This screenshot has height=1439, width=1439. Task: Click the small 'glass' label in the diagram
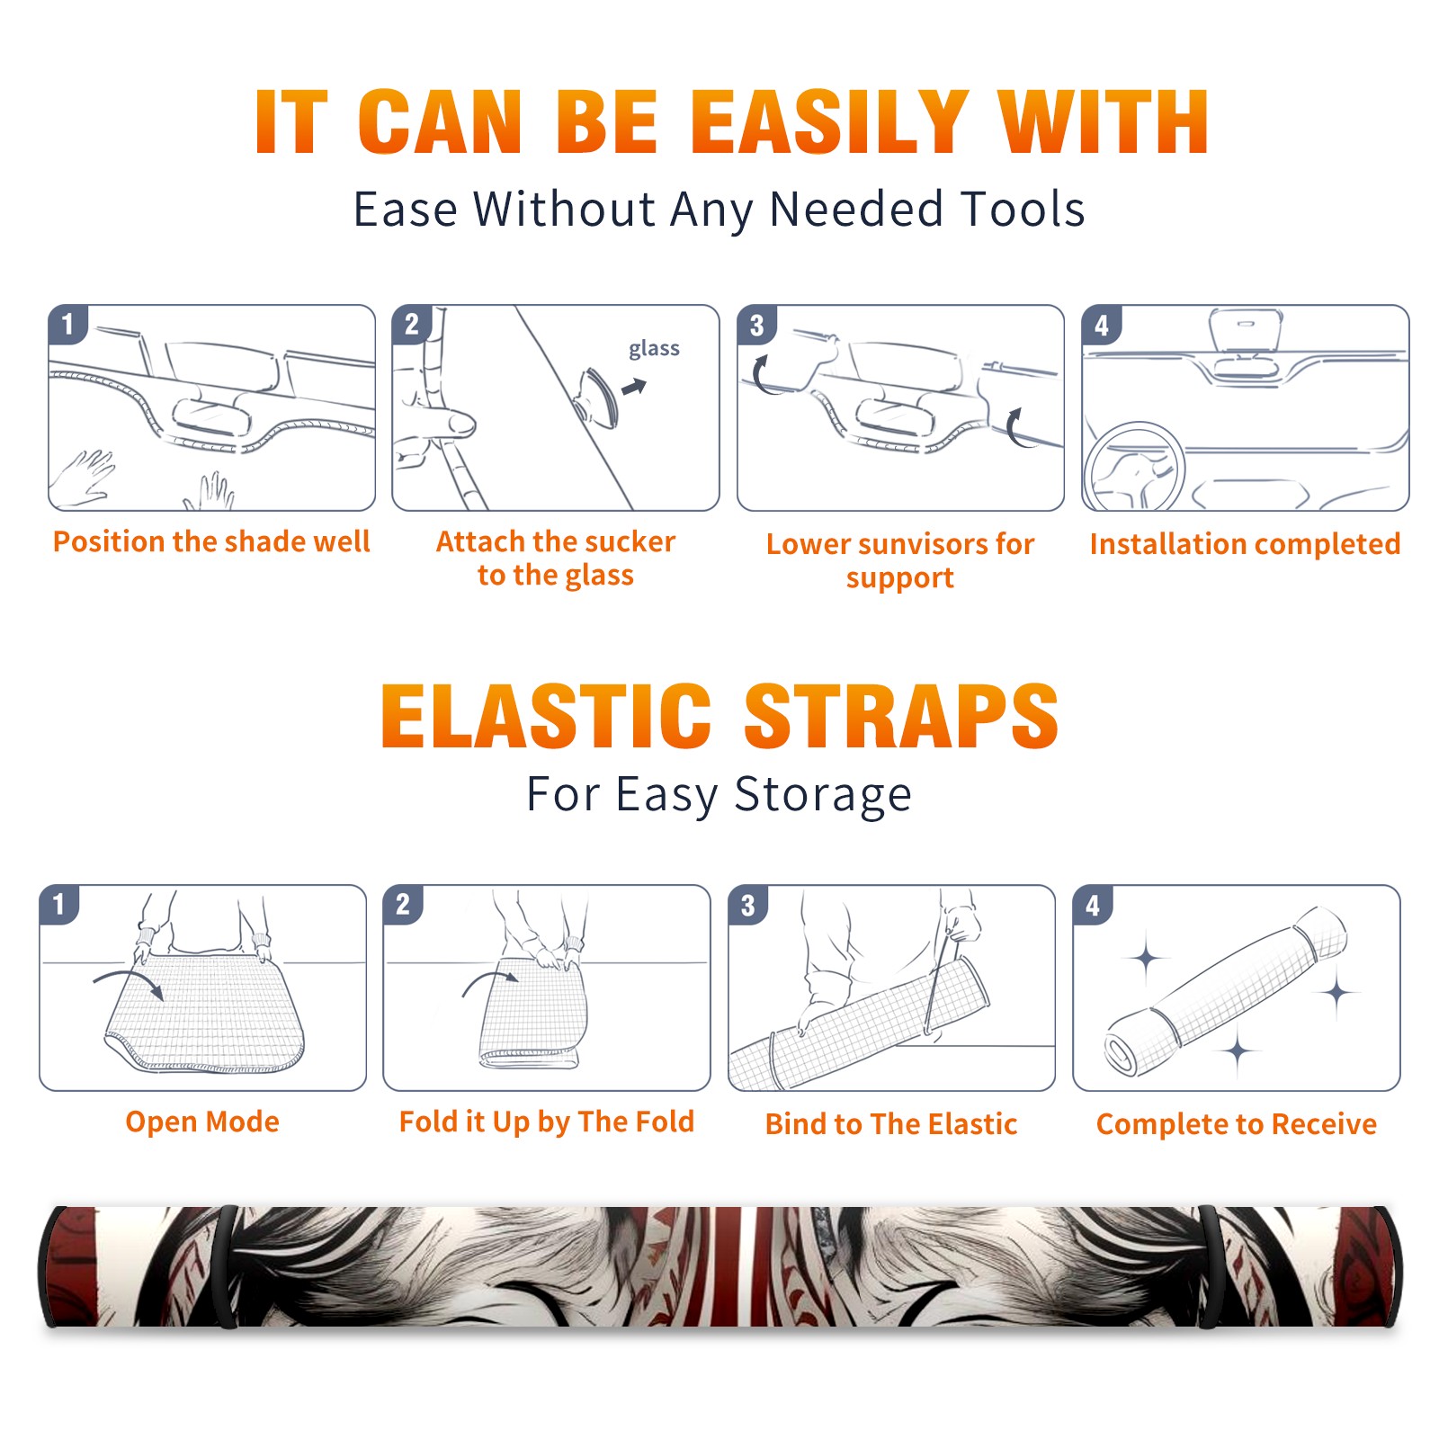pos(654,349)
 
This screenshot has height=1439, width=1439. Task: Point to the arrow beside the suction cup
pos(634,387)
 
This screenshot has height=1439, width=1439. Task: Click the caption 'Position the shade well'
pos(211,541)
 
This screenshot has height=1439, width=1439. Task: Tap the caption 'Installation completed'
pos(1245,543)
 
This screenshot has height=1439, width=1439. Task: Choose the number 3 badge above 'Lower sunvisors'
pos(756,325)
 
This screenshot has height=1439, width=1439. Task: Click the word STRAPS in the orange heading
pos(901,716)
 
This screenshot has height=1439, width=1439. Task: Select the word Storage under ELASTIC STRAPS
pos(823,795)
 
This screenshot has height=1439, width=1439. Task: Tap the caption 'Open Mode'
pos(202,1122)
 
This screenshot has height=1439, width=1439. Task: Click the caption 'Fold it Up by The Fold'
pos(547,1122)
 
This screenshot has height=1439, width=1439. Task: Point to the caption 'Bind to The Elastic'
pos(891,1123)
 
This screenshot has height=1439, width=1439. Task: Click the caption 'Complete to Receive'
pos(1237,1123)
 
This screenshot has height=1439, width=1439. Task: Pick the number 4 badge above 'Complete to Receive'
pos(1093,905)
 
